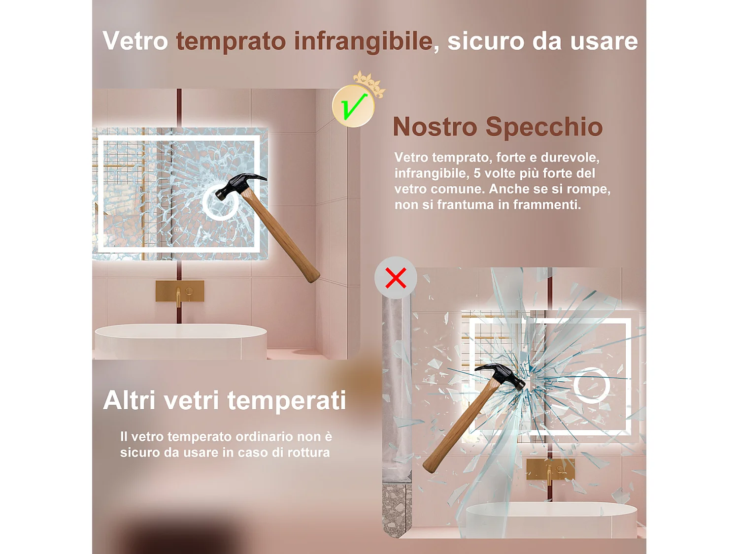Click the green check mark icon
pos(353,106)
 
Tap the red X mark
pos(396,278)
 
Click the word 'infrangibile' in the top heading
pos(363,41)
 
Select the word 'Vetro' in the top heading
pos(135,41)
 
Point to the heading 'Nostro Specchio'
pos(498,127)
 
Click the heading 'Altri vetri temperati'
pos(225,400)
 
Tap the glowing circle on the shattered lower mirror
pos(591,385)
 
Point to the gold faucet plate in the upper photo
pos(180,291)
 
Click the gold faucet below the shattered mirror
pos(549,470)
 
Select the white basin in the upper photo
pos(180,340)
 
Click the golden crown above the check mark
pos(369,82)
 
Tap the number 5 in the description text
pos(477,173)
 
